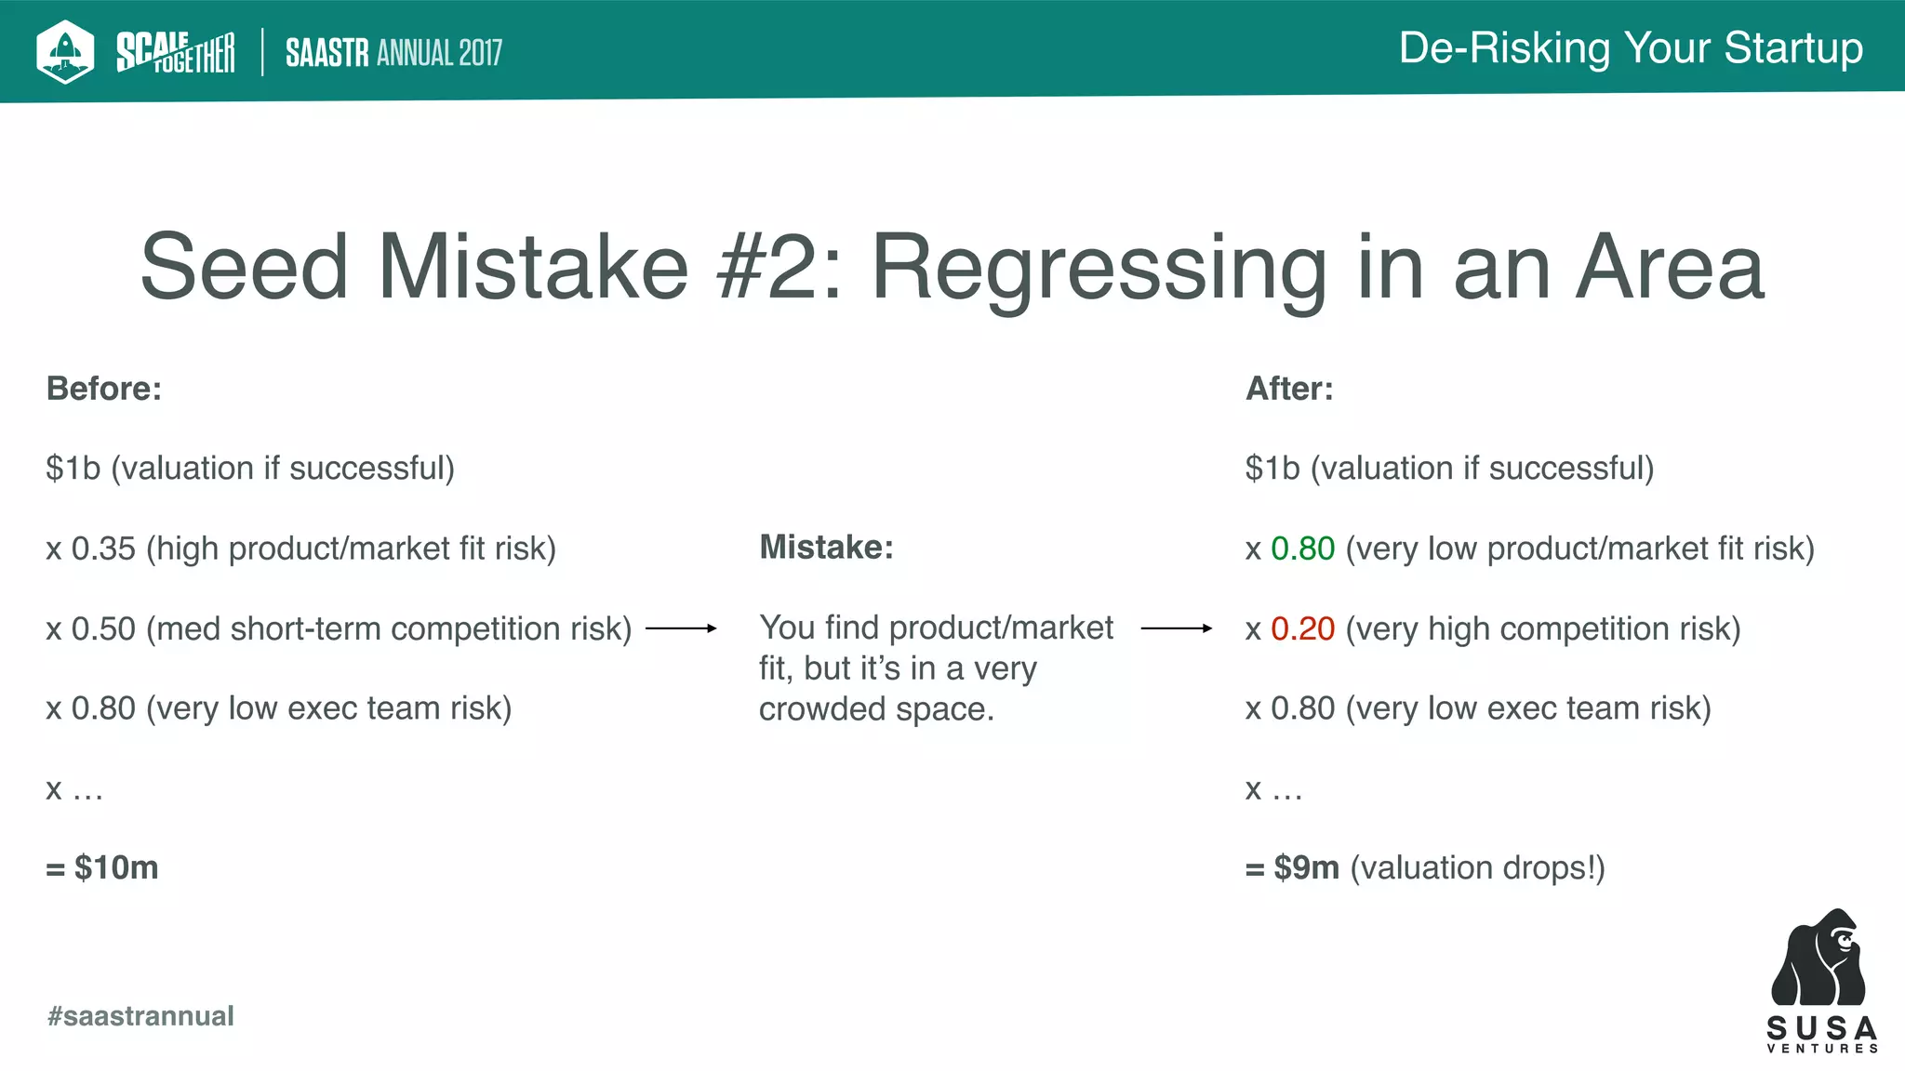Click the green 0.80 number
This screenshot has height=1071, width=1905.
click(x=1302, y=549)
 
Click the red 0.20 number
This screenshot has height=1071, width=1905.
click(x=1302, y=629)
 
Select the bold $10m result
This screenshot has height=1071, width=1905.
click(x=115, y=868)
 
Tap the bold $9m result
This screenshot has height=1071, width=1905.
click(x=1306, y=868)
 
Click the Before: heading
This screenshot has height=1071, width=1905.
click(x=104, y=389)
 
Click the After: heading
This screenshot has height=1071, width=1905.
click(x=1289, y=389)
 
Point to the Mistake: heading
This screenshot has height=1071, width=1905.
click(x=826, y=548)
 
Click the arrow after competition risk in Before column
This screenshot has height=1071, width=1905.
click(x=681, y=628)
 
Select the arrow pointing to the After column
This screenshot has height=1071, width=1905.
click(x=1176, y=628)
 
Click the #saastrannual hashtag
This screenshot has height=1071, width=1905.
click(x=140, y=1016)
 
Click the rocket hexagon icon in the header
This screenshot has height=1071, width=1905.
click(x=65, y=51)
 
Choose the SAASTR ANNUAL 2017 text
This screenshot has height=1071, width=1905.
click(x=393, y=53)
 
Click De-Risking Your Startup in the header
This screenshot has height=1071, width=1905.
click(x=1631, y=48)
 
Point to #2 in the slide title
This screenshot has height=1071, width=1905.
click(x=779, y=269)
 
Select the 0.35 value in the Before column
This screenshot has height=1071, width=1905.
click(x=103, y=549)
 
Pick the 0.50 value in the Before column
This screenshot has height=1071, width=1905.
click(x=103, y=629)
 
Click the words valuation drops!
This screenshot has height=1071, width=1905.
click(x=1477, y=868)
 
